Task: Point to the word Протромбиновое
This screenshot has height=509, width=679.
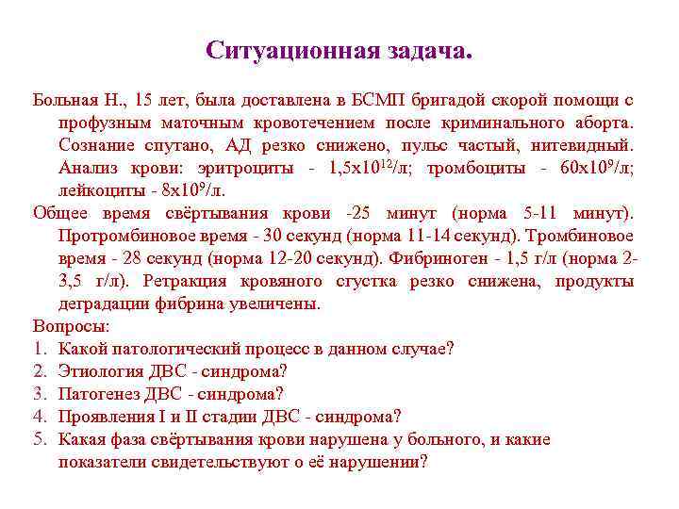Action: (x=123, y=236)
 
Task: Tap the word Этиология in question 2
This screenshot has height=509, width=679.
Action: (x=100, y=371)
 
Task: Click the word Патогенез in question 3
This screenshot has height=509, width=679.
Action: (x=98, y=394)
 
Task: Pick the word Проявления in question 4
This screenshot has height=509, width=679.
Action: (x=106, y=417)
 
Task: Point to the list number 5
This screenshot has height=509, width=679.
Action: (x=39, y=439)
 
